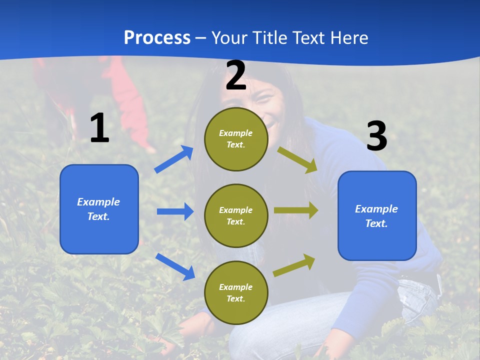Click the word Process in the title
157,38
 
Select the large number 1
100,127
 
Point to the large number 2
236,75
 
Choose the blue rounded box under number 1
99,209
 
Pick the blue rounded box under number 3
377,216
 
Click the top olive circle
236,139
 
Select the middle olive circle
236,216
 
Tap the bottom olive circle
236,292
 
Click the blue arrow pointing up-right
174,159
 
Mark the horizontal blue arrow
175,211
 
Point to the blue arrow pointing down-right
175,266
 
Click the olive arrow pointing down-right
297,160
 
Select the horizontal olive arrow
296,210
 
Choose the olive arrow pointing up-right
294,265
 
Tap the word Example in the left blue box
98,201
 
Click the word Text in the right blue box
376,223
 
